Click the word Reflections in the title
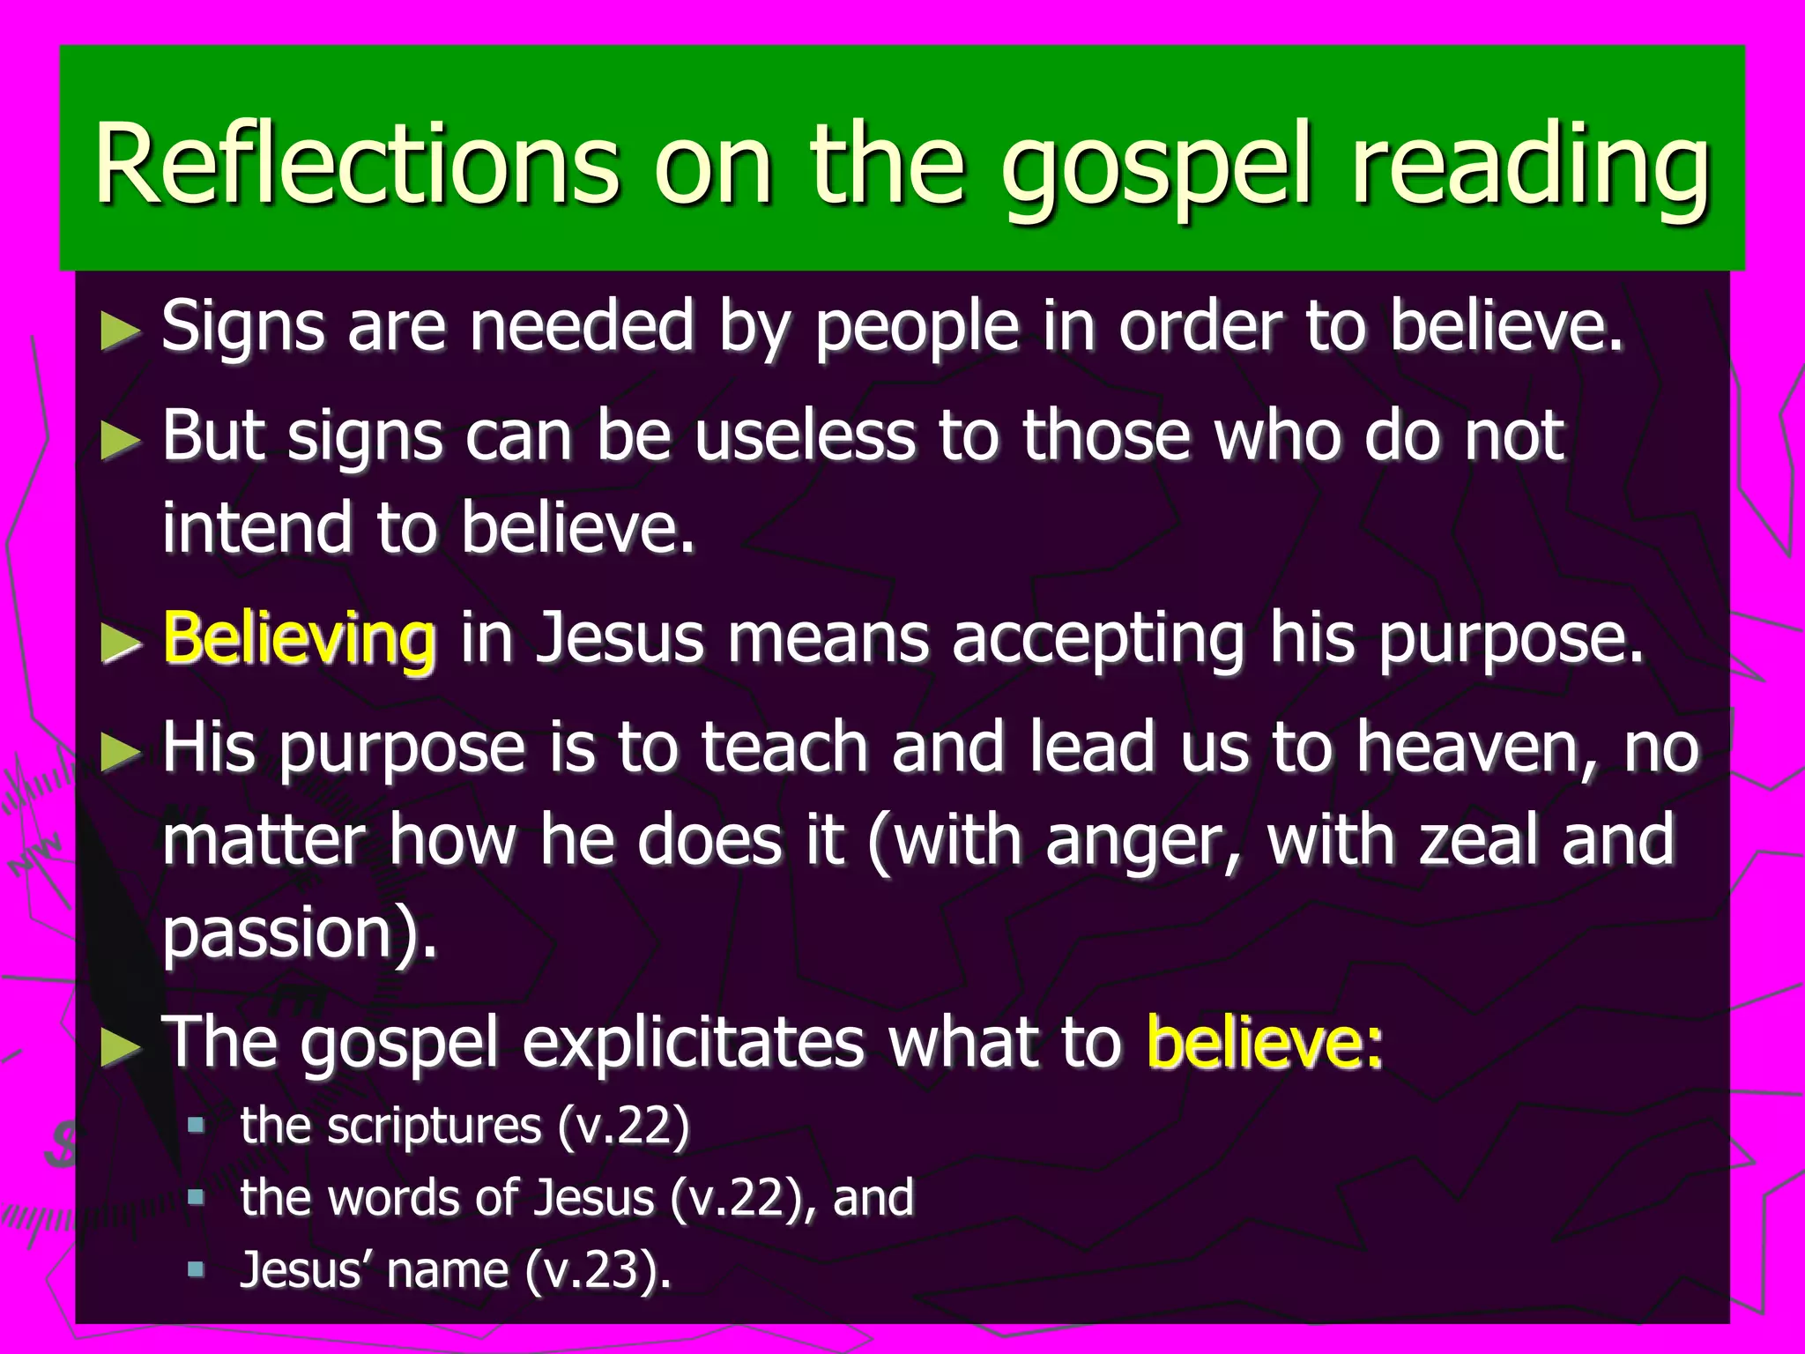click(x=357, y=163)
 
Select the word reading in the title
click(x=1529, y=167)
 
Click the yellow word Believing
click(x=300, y=638)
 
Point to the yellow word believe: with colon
click(x=1265, y=1044)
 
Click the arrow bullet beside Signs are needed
click(x=120, y=331)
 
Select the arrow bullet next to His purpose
click(x=120, y=752)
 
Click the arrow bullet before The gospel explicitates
click(x=120, y=1046)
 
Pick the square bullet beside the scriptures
click(x=196, y=1125)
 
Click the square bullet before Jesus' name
click(x=196, y=1269)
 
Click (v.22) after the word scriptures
click(x=622, y=1126)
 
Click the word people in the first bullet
click(x=917, y=328)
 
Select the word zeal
click(x=1480, y=840)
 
